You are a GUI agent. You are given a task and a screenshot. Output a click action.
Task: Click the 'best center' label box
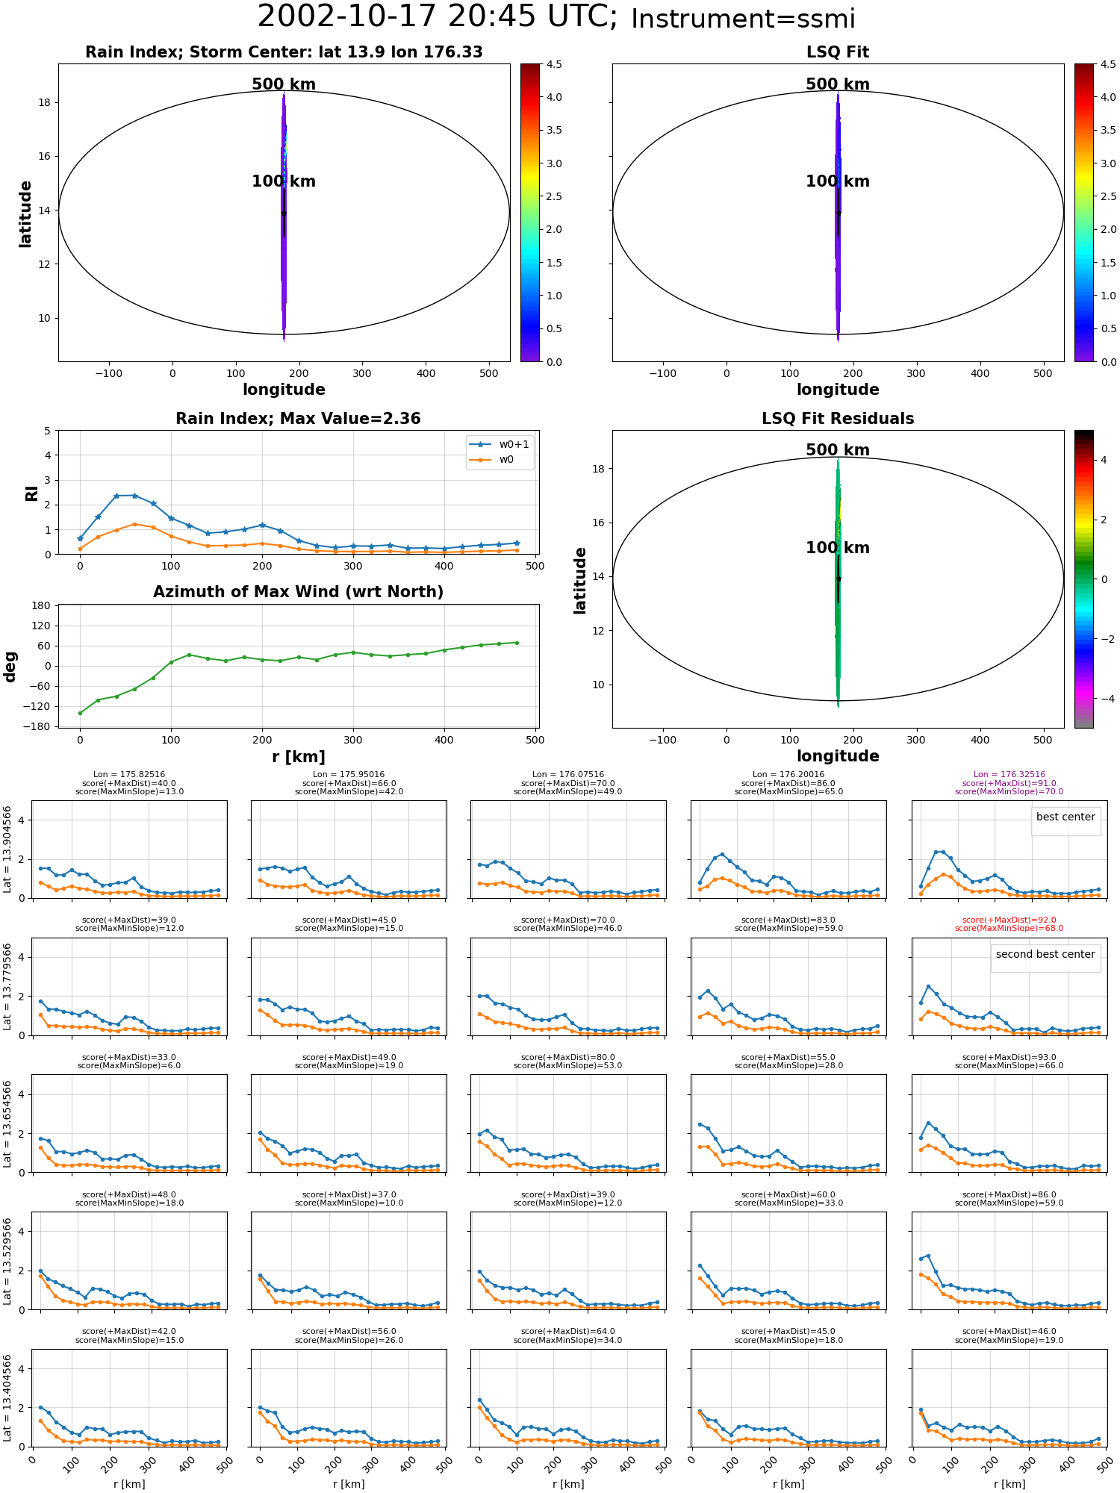click(x=1065, y=817)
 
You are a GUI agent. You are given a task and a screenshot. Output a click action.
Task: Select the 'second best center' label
click(x=1045, y=954)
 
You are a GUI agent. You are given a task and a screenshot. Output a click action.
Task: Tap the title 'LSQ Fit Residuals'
click(x=838, y=419)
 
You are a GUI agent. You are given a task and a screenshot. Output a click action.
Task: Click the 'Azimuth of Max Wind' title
click(x=298, y=592)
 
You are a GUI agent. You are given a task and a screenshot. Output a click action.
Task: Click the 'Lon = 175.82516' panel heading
click(x=129, y=775)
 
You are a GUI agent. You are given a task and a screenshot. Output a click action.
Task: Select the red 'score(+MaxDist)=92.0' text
click(x=1009, y=920)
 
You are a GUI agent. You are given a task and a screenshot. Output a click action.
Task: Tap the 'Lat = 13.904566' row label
click(x=7, y=850)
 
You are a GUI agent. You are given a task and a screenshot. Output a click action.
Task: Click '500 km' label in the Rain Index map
click(x=284, y=84)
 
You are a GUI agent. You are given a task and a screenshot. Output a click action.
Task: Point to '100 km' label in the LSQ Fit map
click(x=838, y=181)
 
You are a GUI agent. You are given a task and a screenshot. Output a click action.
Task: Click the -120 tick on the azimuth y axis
click(x=39, y=706)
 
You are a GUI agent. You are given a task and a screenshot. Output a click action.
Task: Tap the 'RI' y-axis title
click(x=31, y=493)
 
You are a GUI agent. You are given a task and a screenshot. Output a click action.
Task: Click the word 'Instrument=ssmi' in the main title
click(x=743, y=19)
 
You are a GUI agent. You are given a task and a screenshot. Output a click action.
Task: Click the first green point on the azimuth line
click(x=80, y=713)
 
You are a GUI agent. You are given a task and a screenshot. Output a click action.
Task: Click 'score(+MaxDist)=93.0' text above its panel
click(x=1009, y=1058)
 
